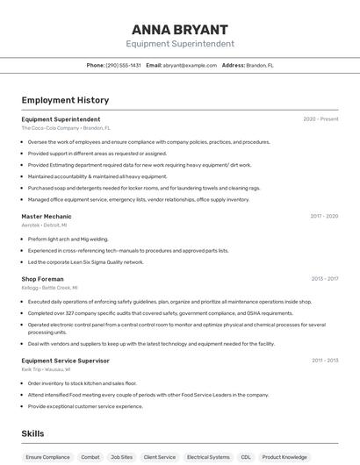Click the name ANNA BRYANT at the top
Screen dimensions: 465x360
[x=180, y=30]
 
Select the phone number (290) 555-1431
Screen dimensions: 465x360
[x=124, y=65]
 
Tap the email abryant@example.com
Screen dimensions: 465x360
[x=190, y=65]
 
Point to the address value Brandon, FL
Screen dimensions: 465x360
[x=260, y=65]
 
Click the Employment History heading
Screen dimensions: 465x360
[x=65, y=100]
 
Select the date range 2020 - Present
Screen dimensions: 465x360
[x=320, y=119]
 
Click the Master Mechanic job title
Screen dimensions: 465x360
[x=47, y=216]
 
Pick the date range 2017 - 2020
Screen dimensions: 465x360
[x=324, y=216]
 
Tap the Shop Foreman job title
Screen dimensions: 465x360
[x=43, y=279]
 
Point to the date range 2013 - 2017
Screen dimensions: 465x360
[x=324, y=279]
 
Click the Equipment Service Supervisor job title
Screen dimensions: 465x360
[x=66, y=361]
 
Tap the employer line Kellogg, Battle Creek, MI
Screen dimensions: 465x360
[x=49, y=288]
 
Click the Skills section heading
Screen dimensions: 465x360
[x=32, y=433]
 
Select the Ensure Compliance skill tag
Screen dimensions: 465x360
[x=47, y=457]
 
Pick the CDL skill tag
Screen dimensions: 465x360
[x=246, y=457]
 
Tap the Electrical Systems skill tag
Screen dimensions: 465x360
[x=208, y=457]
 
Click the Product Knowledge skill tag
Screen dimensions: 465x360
[x=284, y=457]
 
